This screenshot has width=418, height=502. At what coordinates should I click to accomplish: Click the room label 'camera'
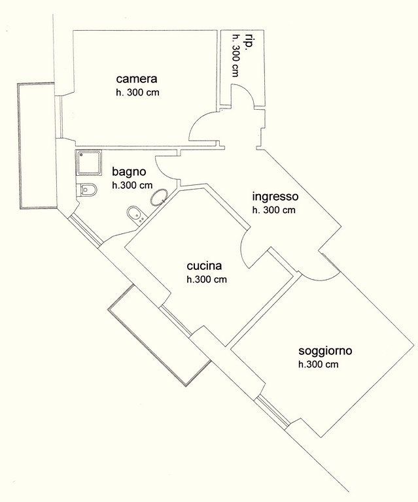click(x=137, y=78)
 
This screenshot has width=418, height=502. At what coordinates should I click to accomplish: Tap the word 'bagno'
click(x=129, y=172)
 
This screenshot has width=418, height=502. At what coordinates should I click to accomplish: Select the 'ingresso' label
click(x=275, y=196)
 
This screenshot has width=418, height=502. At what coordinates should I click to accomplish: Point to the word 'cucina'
click(x=204, y=266)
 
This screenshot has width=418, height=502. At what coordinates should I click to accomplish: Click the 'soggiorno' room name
click(x=325, y=351)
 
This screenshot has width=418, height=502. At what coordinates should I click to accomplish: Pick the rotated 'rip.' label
click(x=248, y=42)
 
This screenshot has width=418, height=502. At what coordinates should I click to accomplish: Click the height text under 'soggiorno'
click(x=319, y=364)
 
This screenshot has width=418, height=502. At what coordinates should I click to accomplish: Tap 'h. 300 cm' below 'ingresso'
click(x=274, y=210)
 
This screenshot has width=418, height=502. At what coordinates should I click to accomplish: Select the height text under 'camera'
click(x=137, y=93)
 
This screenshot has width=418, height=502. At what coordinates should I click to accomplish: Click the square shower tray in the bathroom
click(x=89, y=163)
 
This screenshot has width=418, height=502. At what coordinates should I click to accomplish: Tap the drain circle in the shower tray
click(x=82, y=155)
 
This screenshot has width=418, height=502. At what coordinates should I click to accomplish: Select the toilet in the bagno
click(x=86, y=190)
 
